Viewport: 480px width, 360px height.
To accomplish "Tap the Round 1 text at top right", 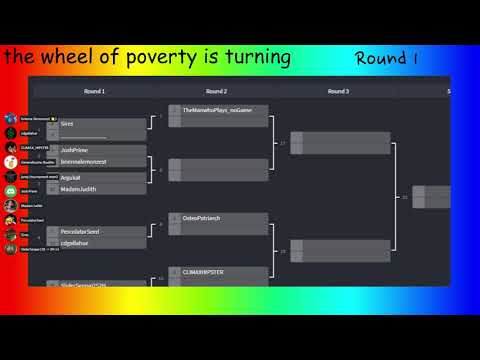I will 386,58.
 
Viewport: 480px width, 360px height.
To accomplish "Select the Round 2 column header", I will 217,91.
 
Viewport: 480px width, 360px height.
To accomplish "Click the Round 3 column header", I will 338,91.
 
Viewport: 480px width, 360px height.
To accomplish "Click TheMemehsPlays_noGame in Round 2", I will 217,110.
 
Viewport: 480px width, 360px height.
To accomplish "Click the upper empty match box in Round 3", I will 339,143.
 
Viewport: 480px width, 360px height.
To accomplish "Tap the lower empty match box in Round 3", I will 339,251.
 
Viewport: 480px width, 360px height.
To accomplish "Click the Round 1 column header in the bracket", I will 95,91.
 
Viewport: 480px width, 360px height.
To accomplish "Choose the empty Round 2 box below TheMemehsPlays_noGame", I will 217,169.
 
